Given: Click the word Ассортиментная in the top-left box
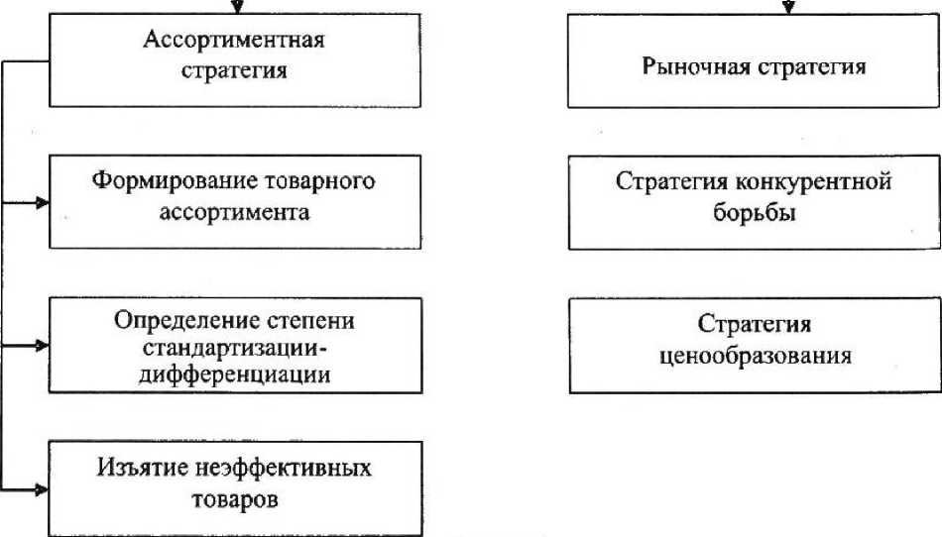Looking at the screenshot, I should (235, 41).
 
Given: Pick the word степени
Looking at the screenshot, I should (312, 322).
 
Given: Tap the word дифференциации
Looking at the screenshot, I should (235, 375).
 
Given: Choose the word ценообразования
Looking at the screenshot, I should (755, 355).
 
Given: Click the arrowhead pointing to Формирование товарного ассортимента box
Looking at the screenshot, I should (42, 203).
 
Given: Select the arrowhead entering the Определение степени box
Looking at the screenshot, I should (42, 346).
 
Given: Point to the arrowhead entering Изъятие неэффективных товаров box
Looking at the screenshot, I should (42, 488).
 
